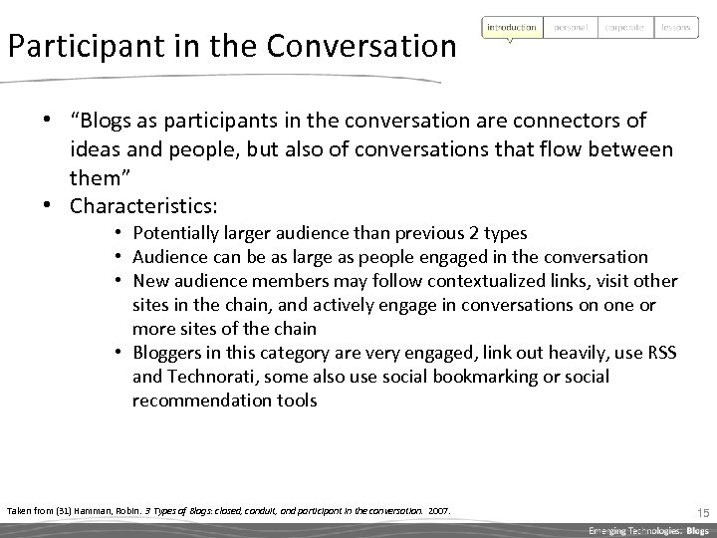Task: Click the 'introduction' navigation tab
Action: [512, 27]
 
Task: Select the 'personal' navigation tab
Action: [573, 27]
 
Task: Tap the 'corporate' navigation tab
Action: [624, 27]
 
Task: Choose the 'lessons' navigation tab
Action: [676, 27]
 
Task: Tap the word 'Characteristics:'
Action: [143, 207]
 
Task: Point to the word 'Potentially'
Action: [179, 234]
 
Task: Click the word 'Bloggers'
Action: [168, 354]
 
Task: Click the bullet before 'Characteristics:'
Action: [48, 206]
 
